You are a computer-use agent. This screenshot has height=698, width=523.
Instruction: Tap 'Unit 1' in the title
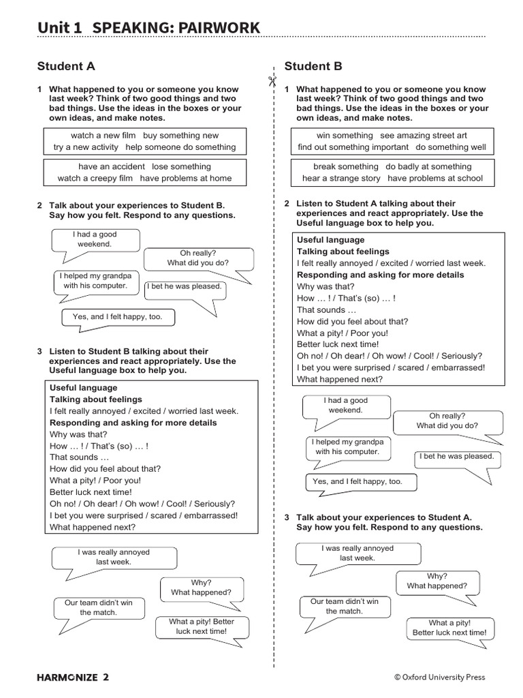pyautogui.click(x=60, y=27)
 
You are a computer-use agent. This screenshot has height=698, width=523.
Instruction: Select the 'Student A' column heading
pyautogui.click(x=66, y=66)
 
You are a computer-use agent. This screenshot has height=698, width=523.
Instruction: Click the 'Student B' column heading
pyautogui.click(x=313, y=66)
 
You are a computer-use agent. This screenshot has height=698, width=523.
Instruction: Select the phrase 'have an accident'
pyautogui.click(x=112, y=166)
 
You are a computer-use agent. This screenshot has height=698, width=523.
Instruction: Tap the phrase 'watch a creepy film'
pyautogui.click(x=96, y=179)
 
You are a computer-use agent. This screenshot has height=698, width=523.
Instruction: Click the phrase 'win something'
pyautogui.click(x=345, y=136)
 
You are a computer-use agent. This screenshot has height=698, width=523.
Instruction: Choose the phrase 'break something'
pyautogui.click(x=345, y=166)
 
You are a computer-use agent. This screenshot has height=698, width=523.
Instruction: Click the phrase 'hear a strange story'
pyautogui.click(x=341, y=179)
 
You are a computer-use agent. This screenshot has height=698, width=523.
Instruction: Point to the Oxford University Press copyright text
pyautogui.click(x=439, y=677)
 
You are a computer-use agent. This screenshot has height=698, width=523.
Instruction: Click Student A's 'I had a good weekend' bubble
pyautogui.click(x=95, y=239)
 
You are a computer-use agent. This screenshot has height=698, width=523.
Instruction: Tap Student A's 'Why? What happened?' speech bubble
pyautogui.click(x=201, y=588)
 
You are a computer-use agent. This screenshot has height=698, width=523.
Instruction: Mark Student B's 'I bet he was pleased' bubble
pyautogui.click(x=457, y=457)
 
